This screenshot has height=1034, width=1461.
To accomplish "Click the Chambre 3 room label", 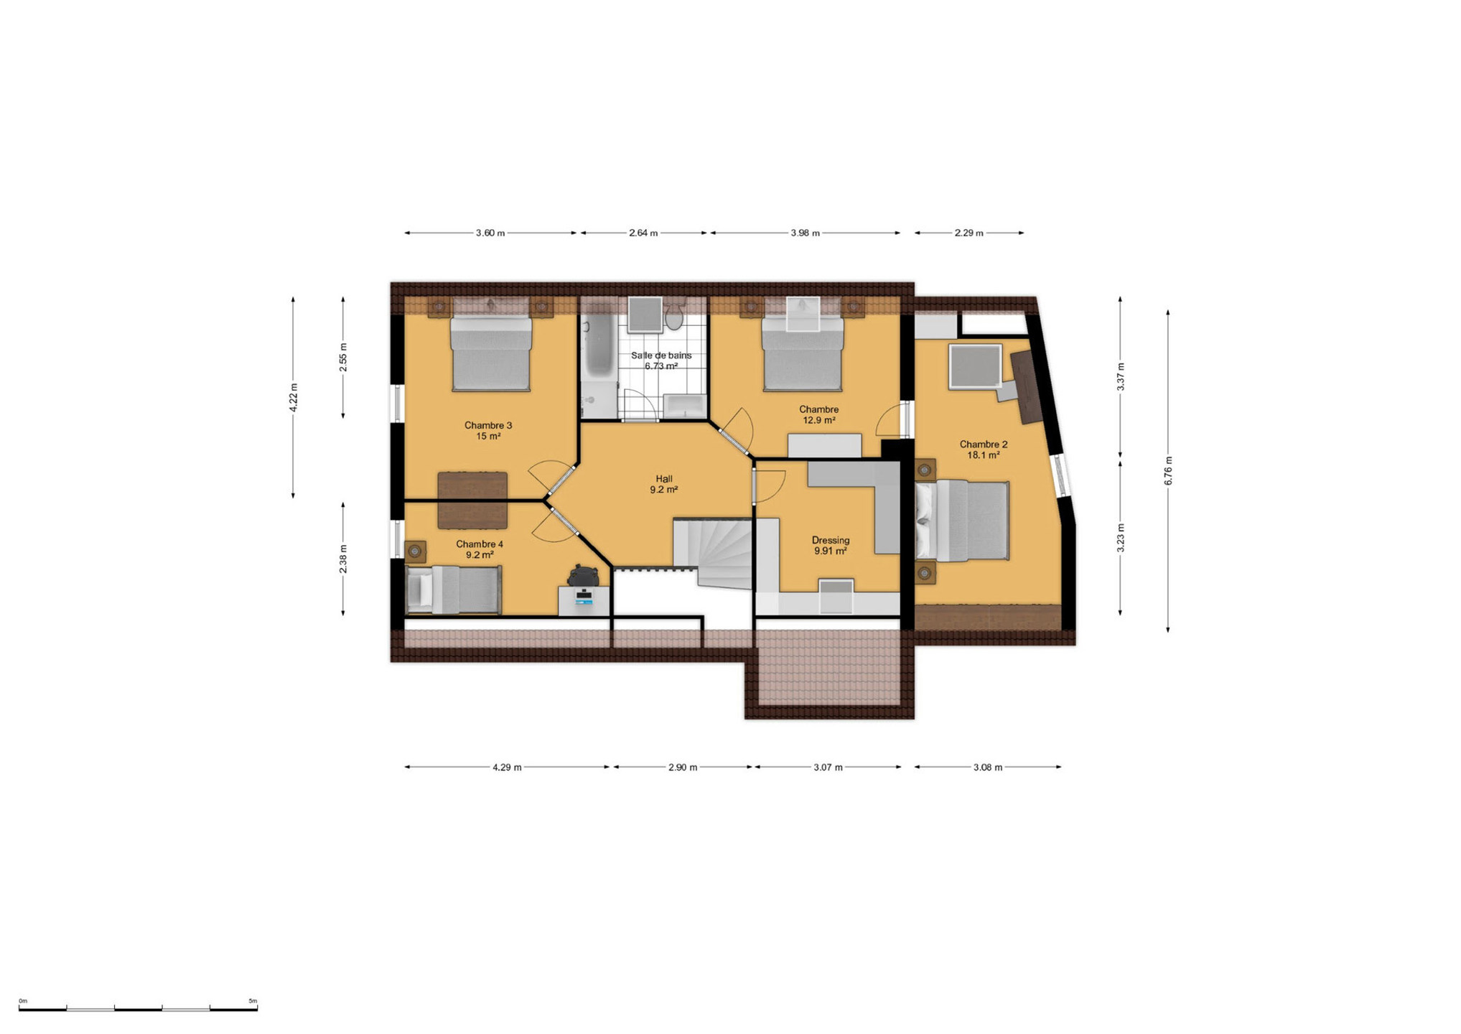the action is click(488, 430).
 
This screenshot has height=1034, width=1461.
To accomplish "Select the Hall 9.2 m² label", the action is click(664, 484).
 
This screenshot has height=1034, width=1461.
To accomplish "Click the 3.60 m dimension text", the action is click(490, 233).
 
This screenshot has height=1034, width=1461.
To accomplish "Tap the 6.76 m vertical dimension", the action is click(1168, 471).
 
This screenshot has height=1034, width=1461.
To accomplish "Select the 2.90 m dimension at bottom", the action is click(683, 767).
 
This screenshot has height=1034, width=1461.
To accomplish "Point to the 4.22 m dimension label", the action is click(293, 397).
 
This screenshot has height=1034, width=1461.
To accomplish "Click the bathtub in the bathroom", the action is click(597, 349).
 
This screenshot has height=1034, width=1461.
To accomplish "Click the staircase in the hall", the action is click(712, 553).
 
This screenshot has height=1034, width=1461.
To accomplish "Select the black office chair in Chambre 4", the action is click(583, 576).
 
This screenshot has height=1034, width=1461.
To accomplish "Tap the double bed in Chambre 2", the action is click(962, 521).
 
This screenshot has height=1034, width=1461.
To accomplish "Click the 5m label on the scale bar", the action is click(253, 1000).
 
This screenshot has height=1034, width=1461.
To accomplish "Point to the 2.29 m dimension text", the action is click(968, 233).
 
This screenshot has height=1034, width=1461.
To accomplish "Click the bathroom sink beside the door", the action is click(685, 406).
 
